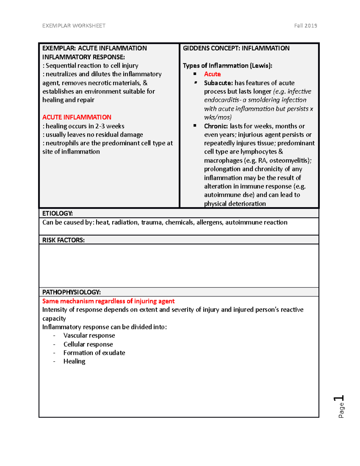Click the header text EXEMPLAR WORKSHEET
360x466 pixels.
pyautogui.click(x=74, y=26)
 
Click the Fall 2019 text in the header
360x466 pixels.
pyautogui.click(x=305, y=26)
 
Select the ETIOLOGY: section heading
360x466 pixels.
pyautogui.click(x=57, y=213)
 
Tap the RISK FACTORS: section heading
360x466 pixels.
pyautogui.click(x=63, y=240)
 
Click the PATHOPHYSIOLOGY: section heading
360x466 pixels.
pyautogui.click(x=71, y=292)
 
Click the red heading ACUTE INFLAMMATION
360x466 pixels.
pyautogui.click(x=77, y=117)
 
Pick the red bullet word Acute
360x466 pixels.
pyautogui.click(x=212, y=74)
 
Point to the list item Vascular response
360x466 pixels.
pyautogui.click(x=89, y=335)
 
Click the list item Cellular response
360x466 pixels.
pyautogui.click(x=88, y=344)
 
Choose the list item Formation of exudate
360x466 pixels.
pyautogui.click(x=94, y=353)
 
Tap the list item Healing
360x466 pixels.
pyautogui.click(x=74, y=361)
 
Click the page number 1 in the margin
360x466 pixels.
pyautogui.click(x=339, y=398)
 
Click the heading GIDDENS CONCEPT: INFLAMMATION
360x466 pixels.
pyautogui.click(x=236, y=48)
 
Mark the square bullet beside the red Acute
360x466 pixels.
pyautogui.click(x=195, y=74)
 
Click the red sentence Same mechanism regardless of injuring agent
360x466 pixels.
pyautogui.click(x=108, y=301)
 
